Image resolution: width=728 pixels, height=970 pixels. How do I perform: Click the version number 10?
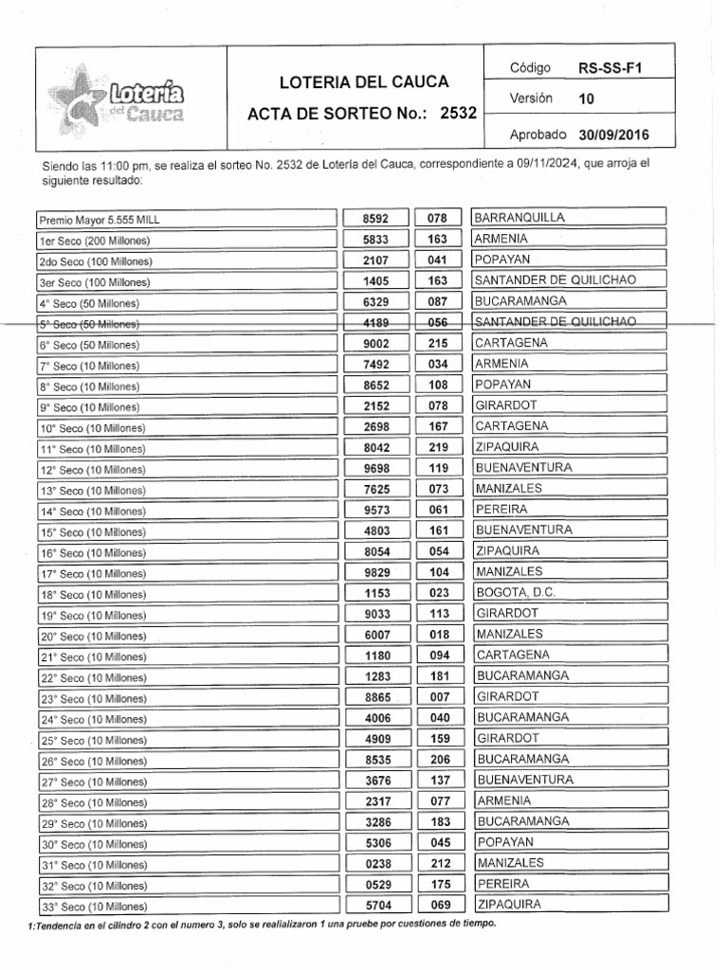(586, 99)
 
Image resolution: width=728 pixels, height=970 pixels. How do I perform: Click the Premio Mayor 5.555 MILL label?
(100, 219)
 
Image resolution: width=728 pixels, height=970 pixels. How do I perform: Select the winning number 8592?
(376, 219)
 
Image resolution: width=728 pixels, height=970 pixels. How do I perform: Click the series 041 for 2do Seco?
(437, 260)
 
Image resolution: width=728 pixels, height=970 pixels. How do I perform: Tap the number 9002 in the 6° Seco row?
(376, 344)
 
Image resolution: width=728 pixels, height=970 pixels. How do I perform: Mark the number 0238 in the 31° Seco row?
(376, 864)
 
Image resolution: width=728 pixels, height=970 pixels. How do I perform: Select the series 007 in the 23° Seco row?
(437, 697)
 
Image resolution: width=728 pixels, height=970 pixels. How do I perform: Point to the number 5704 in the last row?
(376, 906)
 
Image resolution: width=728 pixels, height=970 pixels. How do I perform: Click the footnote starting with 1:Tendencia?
(256, 925)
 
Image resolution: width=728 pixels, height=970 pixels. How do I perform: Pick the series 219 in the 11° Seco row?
(437, 447)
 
